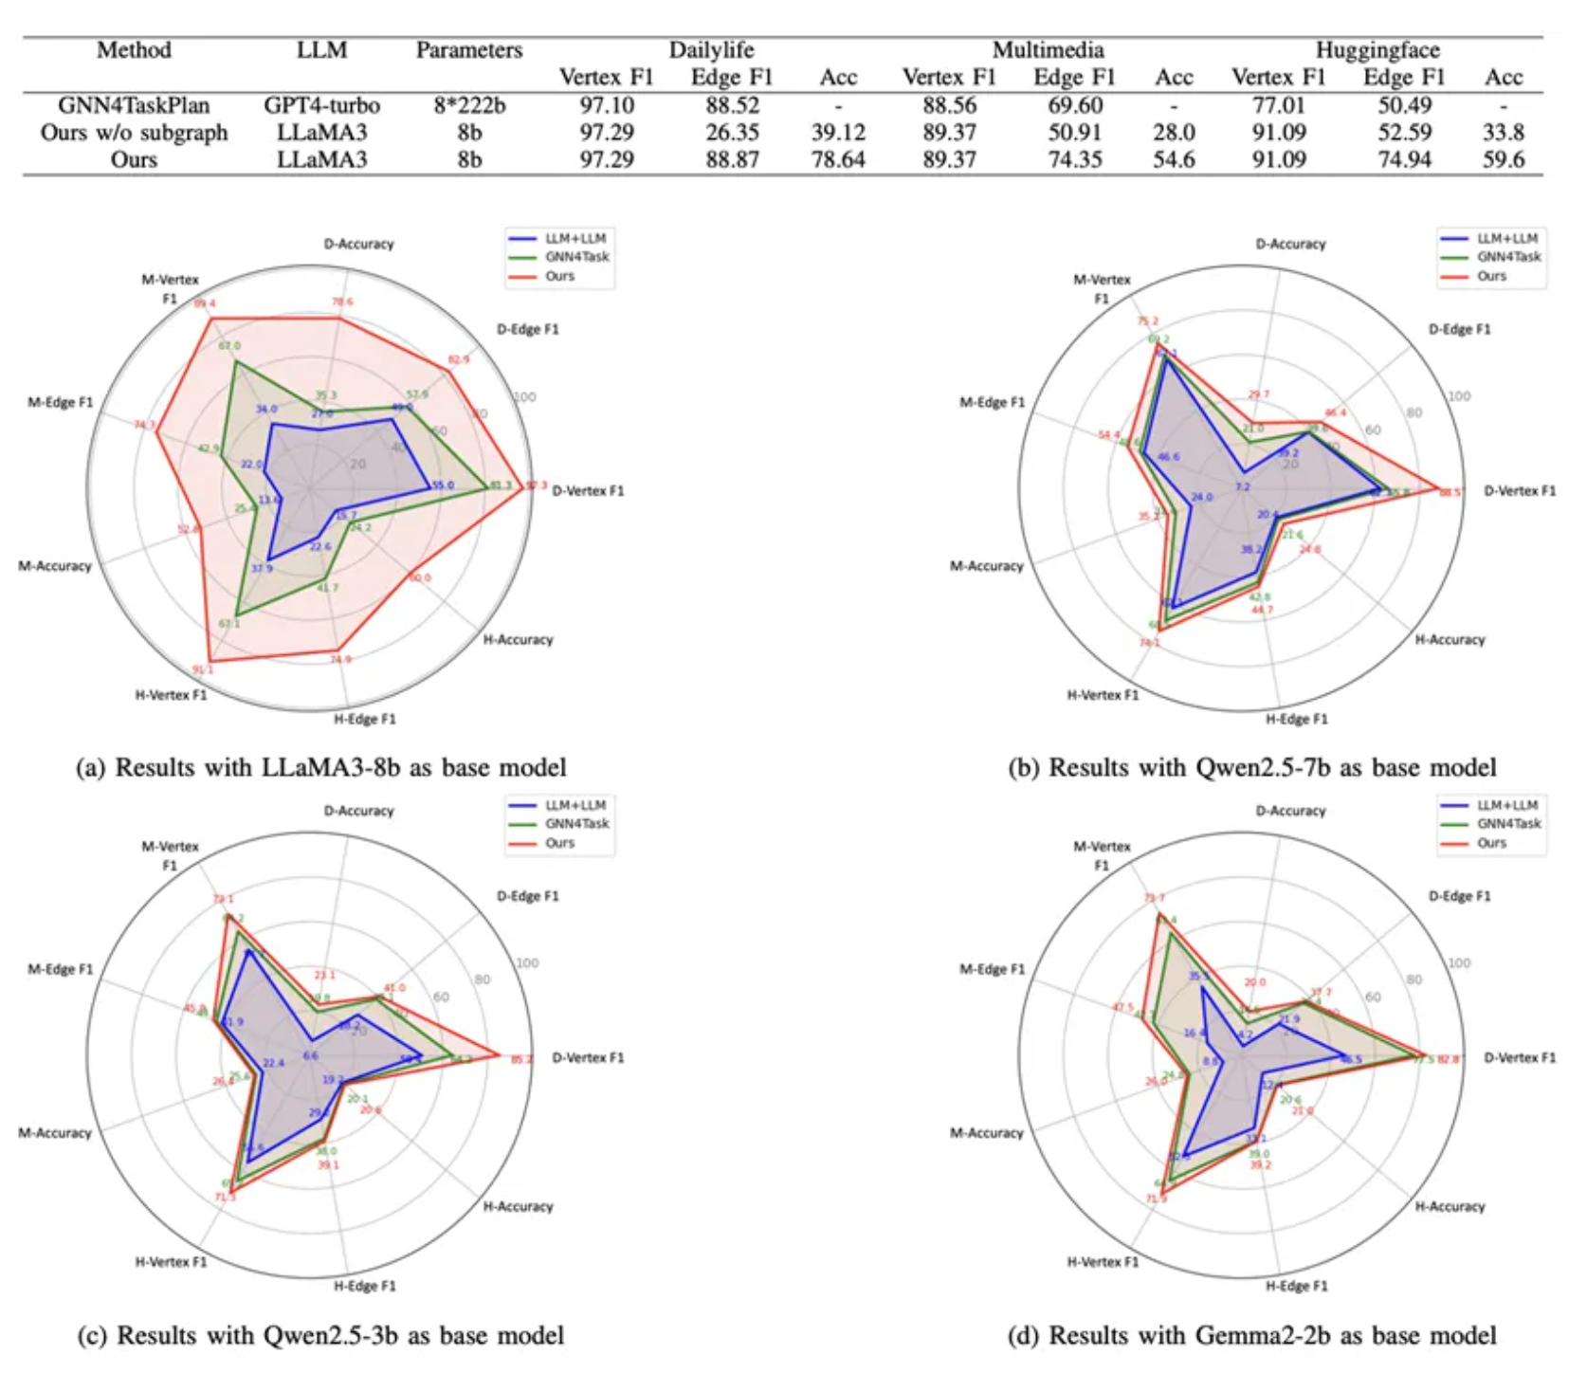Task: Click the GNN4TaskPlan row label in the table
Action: pos(134,105)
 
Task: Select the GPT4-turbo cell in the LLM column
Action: pos(321,105)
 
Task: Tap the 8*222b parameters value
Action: pos(469,105)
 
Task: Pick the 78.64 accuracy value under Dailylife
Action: pos(838,159)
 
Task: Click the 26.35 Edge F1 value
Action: pos(732,133)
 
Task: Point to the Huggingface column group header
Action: pos(1377,50)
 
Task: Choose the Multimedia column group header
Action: pos(1048,50)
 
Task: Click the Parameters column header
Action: pos(469,50)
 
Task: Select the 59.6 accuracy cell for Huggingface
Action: pos(1504,159)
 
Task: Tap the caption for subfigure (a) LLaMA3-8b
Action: pos(321,767)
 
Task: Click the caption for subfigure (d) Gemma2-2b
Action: pos(1251,1336)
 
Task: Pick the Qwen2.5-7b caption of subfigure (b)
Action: pos(1251,767)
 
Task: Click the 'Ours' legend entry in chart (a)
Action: pos(559,276)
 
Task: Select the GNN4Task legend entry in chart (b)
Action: pos(1508,257)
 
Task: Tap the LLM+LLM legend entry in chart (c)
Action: pos(575,805)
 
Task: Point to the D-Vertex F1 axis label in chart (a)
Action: pos(588,491)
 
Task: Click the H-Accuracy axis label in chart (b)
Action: pos(1450,640)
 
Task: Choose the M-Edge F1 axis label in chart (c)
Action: pos(61,969)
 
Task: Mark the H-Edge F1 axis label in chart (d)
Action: pos(1296,1286)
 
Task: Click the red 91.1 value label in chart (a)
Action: pos(203,670)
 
